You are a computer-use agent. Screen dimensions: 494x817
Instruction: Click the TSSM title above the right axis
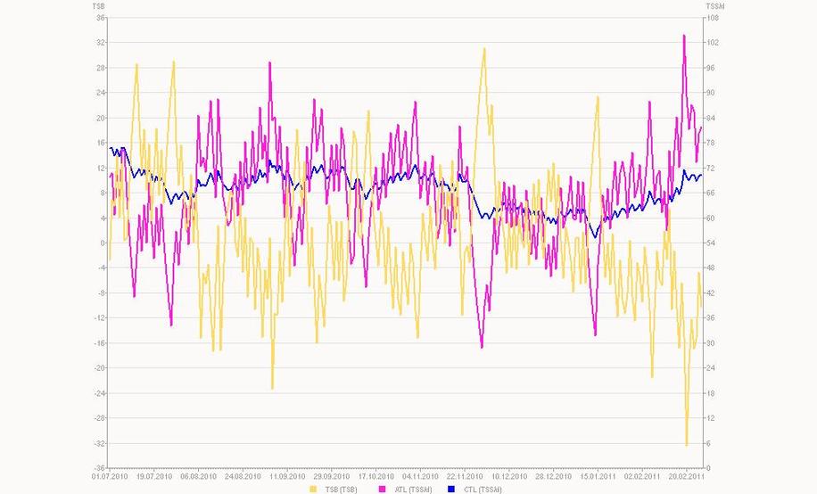point(713,6)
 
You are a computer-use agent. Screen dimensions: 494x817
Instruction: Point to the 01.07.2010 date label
point(109,477)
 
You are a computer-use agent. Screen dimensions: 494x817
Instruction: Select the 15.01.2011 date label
point(594,477)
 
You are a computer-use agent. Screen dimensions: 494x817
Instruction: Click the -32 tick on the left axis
point(99,443)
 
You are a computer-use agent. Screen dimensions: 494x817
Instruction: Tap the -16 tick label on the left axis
point(99,343)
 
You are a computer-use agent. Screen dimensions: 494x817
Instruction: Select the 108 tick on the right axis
point(713,18)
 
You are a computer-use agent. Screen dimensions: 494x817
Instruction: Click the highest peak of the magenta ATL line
point(684,36)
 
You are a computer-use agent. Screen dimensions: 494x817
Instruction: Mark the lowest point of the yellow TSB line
point(687,445)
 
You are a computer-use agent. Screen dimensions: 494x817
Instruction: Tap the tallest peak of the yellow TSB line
point(484,49)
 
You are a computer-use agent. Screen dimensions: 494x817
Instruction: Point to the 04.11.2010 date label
point(418,477)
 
